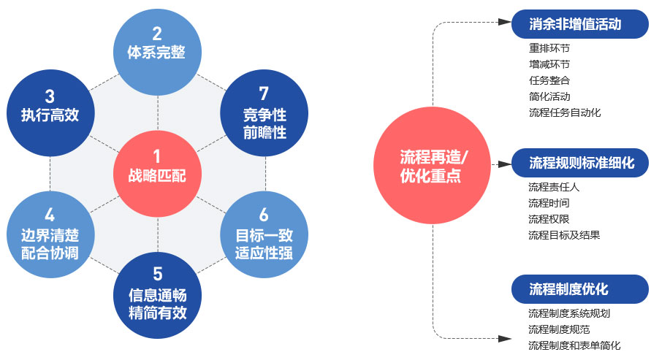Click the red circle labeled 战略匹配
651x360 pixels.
157,166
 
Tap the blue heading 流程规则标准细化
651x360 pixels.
582,163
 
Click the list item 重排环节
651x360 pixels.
549,48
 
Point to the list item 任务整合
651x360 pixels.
549,80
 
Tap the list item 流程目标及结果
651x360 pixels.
565,235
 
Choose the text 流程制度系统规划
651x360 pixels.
569,313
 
